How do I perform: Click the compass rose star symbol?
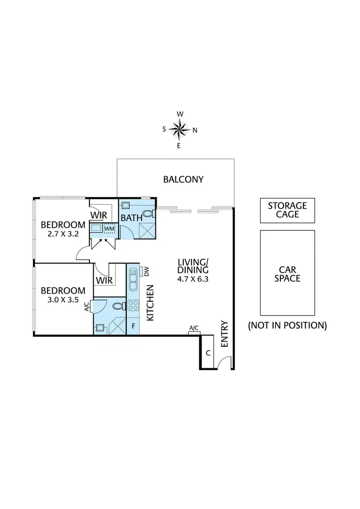179,129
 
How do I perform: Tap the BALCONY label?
183,180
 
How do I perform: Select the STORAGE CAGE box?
287,210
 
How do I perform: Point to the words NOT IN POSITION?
287,325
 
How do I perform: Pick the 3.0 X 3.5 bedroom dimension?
62,300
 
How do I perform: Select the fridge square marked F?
133,326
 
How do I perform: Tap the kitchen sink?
133,280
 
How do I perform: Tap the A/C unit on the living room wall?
194,328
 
